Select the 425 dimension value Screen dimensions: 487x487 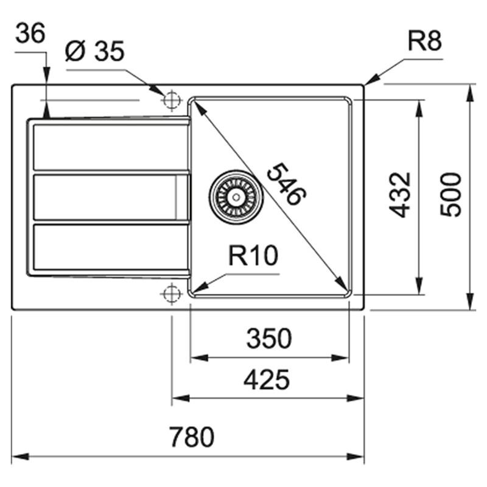pos(266,380)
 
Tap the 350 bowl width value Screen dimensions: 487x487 pos(268,338)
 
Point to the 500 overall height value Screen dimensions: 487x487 pos(452,194)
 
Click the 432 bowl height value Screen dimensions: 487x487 pos(400,194)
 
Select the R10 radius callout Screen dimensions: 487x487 pos(253,256)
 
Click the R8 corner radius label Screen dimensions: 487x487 pos(424,41)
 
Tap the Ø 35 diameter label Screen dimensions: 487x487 pos(94,52)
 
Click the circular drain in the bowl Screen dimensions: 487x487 pos(236,197)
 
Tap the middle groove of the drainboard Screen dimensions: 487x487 pos(110,197)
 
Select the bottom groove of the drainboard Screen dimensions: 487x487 pos(110,247)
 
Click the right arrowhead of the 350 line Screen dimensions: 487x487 pos(344,357)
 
